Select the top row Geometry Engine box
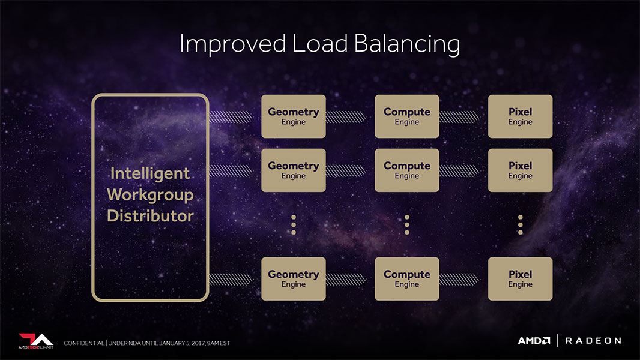click(x=294, y=116)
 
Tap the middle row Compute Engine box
click(x=407, y=170)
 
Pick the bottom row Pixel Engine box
click(x=520, y=279)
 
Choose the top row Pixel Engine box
click(x=520, y=116)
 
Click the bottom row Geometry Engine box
click(x=294, y=279)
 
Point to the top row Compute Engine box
click(x=407, y=116)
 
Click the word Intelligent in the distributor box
click(x=150, y=174)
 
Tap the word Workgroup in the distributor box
click(x=150, y=195)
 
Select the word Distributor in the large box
click(x=150, y=216)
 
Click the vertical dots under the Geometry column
click(x=294, y=225)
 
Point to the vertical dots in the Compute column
click(x=407, y=225)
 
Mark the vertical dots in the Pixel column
click(x=520, y=225)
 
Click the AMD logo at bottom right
click(x=534, y=341)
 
